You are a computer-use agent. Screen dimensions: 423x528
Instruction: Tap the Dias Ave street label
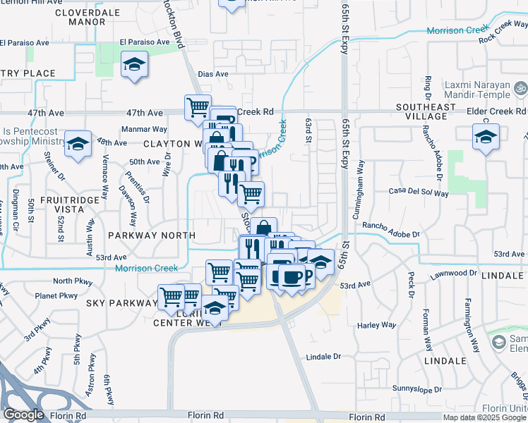213,74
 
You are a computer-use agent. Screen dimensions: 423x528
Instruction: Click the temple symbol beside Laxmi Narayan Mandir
521,89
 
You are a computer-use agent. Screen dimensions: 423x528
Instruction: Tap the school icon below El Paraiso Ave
133,67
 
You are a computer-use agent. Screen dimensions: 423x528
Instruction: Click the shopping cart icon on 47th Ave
198,107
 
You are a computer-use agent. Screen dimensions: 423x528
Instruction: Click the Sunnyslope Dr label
417,388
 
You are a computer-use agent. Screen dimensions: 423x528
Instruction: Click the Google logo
23,415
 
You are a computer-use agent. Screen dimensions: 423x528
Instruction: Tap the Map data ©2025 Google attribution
484,417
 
